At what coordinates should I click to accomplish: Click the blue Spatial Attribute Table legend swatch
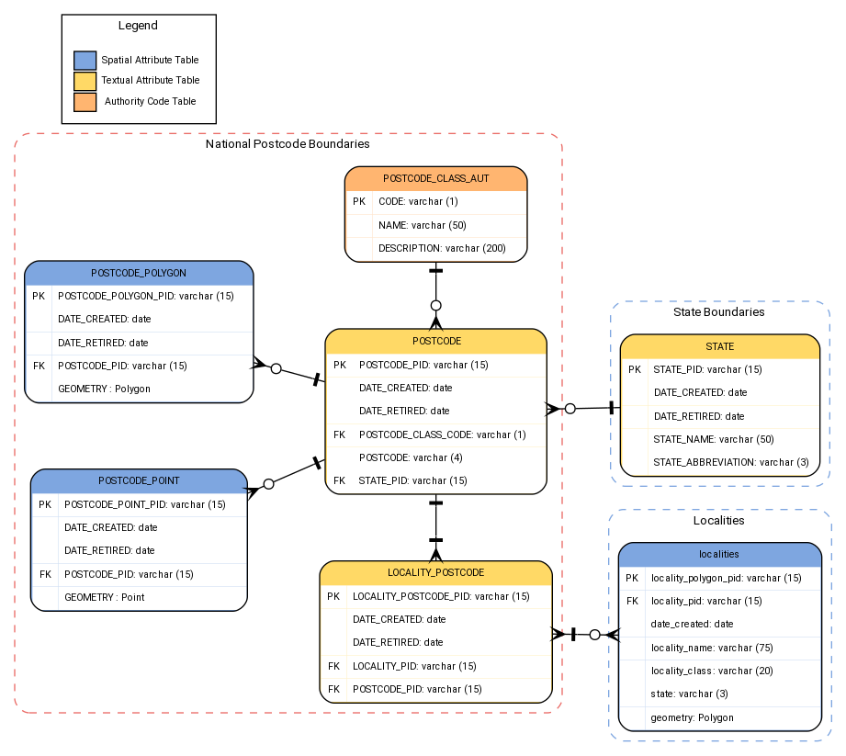point(85,61)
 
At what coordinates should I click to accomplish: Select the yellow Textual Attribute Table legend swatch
point(85,81)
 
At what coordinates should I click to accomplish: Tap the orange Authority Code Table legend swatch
point(85,101)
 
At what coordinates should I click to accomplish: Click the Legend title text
point(138,26)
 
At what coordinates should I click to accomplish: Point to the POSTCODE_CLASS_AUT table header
point(435,178)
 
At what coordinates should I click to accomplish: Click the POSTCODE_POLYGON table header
point(139,273)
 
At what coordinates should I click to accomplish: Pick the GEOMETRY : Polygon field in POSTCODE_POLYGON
point(104,389)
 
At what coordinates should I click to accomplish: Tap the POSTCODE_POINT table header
point(139,480)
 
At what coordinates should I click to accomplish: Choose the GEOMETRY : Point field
point(104,597)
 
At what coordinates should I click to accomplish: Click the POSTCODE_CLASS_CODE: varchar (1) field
point(442,434)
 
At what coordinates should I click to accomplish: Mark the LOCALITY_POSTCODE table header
point(435,572)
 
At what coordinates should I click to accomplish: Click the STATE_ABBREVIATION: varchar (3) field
point(730,462)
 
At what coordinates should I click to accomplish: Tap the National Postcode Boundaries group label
point(288,144)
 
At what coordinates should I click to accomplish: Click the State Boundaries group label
point(718,312)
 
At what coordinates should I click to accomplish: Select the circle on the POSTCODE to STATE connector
point(570,409)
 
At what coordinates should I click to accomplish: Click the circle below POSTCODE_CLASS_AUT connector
point(436,305)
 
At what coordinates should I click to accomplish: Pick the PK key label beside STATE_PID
point(635,370)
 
